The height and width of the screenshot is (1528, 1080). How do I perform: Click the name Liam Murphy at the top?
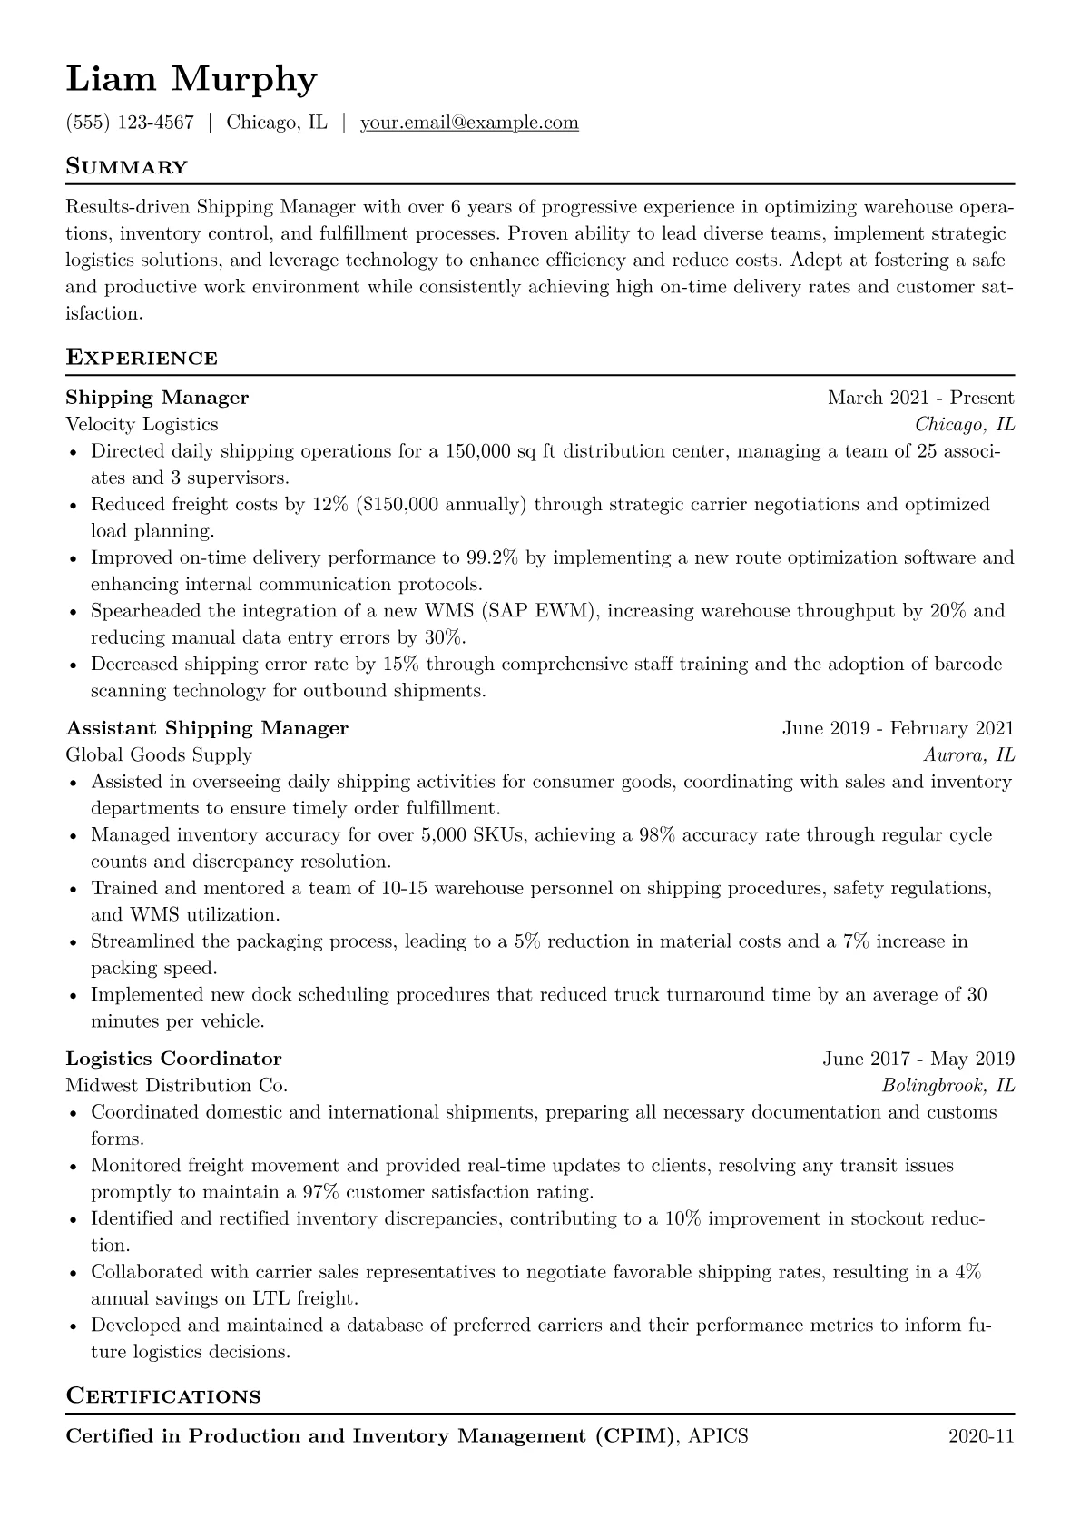point(191,80)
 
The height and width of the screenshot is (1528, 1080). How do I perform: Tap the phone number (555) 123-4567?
point(130,123)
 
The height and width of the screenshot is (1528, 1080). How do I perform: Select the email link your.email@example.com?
point(469,123)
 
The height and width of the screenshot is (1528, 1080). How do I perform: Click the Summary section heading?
point(127,167)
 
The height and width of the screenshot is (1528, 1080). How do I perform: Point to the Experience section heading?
point(142,358)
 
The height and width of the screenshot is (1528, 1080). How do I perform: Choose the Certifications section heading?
point(163,1395)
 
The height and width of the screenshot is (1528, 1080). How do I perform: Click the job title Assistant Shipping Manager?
point(207,728)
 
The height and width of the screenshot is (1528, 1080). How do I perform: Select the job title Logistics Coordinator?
point(173,1059)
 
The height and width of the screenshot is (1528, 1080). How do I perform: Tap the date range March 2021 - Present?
point(920,398)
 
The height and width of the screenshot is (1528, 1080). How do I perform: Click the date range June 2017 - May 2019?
point(918,1059)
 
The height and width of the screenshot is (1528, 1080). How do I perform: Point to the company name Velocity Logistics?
point(142,424)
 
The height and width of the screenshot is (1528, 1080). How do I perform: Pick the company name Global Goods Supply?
point(159,754)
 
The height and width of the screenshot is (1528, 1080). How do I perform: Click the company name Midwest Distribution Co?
point(176,1085)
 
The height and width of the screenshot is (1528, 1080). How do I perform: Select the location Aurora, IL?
point(968,754)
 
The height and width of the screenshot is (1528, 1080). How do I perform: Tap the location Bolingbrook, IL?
point(947,1085)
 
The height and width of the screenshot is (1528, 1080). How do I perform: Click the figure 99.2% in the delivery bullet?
point(492,557)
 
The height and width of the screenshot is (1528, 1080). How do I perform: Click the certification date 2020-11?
point(981,1436)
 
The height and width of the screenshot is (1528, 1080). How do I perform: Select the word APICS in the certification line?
point(719,1436)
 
